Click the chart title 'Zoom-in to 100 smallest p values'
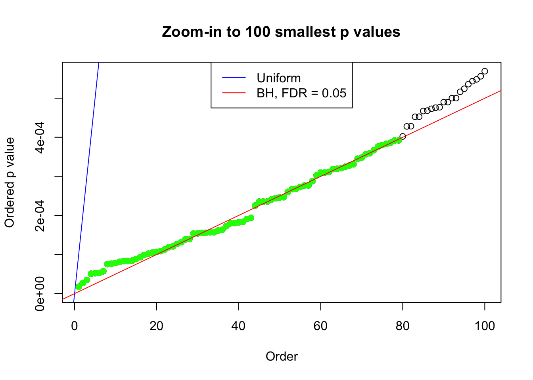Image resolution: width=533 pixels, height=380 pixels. point(281,32)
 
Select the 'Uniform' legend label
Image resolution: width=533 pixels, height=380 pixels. point(278,78)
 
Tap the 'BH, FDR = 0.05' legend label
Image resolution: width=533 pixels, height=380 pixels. point(301,93)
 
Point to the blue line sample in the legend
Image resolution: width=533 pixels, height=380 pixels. point(234,78)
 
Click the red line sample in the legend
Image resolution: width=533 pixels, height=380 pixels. point(234,93)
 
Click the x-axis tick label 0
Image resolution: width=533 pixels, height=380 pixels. point(75,326)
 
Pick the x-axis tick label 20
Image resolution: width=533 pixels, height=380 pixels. point(157,326)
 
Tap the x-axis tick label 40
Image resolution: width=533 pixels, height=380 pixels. point(239,326)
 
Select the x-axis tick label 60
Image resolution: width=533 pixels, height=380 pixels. point(320,326)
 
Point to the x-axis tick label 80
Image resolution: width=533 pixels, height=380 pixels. point(403,326)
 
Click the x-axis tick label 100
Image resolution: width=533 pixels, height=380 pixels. point(485,326)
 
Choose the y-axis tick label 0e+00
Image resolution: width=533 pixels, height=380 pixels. point(40,294)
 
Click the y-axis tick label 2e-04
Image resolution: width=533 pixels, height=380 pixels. point(40,215)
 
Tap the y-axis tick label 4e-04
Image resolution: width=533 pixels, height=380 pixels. point(40,137)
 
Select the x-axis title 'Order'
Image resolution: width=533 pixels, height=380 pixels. point(282,357)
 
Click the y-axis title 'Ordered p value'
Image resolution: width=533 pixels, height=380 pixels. point(10,182)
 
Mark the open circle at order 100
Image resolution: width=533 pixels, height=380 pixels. point(485,71)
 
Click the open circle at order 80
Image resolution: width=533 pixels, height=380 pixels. point(403,137)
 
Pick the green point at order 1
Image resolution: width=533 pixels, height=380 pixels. point(79,287)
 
